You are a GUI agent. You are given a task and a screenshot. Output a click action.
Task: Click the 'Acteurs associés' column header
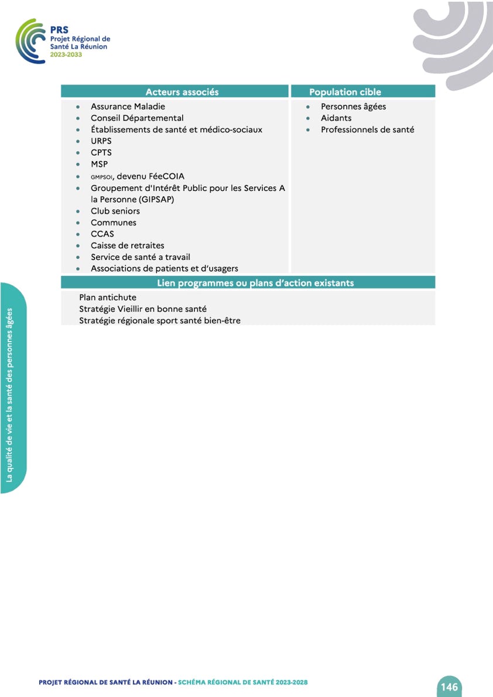182,92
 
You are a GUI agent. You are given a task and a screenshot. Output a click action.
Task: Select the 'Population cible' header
345,92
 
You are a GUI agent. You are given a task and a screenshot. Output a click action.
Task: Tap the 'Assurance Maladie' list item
128,107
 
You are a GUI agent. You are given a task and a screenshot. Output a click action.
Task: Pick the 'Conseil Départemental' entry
137,118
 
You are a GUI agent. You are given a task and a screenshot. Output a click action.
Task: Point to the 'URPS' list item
101,141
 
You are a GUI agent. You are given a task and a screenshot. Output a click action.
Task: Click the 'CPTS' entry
101,153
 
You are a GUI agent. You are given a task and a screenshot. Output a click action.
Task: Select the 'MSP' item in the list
99,165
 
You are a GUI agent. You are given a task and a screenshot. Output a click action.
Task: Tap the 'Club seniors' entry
115,211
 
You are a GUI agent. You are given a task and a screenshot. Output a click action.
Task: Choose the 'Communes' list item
114,223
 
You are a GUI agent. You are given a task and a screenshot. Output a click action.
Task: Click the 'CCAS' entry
102,234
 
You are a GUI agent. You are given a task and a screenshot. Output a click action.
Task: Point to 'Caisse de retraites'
128,245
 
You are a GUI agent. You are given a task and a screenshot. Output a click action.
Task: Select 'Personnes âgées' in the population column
353,107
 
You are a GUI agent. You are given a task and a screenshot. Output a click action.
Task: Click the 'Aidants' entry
336,118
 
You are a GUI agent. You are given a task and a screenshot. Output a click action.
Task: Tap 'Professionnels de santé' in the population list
367,129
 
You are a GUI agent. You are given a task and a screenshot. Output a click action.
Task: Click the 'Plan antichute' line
108,298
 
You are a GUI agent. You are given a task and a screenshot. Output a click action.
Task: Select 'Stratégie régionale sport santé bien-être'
160,320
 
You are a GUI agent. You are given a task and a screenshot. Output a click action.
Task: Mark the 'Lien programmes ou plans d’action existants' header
255,283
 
